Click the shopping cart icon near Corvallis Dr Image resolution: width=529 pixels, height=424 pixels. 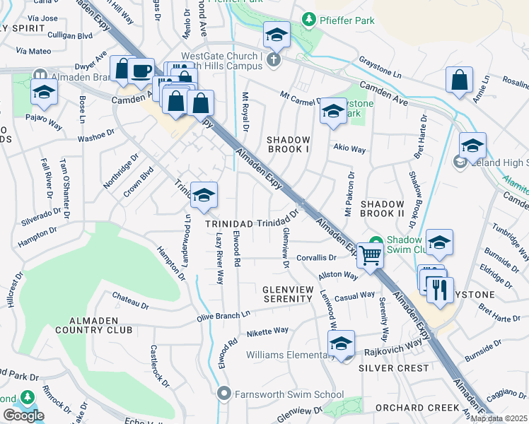(370, 256)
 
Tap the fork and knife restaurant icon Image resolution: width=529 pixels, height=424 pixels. (440, 290)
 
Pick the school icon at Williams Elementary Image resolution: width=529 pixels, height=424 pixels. (341, 343)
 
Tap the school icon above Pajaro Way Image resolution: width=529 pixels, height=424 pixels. (45, 92)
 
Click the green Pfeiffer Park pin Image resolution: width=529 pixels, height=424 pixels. (308, 19)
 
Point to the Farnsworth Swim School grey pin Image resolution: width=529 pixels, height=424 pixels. (225, 392)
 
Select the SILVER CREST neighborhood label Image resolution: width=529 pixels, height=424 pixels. (393, 368)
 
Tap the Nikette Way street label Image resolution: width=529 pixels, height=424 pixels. (267, 331)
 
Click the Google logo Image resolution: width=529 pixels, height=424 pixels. (23, 416)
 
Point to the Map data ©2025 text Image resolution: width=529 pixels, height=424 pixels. (498, 418)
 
